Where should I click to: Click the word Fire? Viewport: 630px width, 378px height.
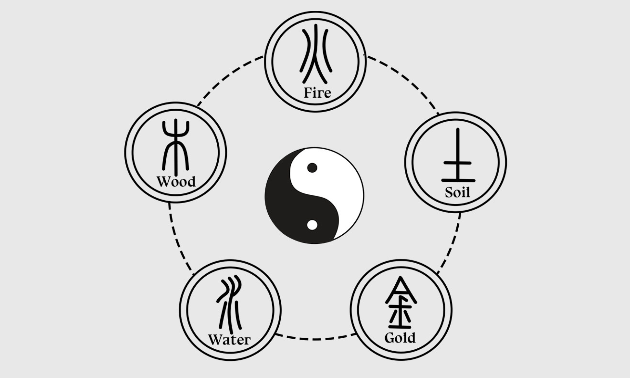[317, 93]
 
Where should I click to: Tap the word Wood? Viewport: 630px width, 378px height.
[176, 182]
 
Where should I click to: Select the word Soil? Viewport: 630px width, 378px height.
[457, 192]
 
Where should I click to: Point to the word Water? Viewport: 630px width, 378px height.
[229, 340]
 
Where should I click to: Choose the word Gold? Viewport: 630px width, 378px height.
[400, 338]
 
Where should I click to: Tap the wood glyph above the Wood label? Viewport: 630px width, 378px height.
[175, 146]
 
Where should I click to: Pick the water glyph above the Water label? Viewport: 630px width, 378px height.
[229, 304]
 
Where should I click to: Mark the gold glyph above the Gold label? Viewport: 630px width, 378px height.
[400, 303]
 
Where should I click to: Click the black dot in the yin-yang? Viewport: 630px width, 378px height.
[312, 168]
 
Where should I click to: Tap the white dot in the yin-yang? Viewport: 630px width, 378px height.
[312, 225]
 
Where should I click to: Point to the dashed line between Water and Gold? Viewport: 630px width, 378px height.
[315, 339]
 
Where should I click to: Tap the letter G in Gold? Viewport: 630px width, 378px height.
[389, 338]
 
